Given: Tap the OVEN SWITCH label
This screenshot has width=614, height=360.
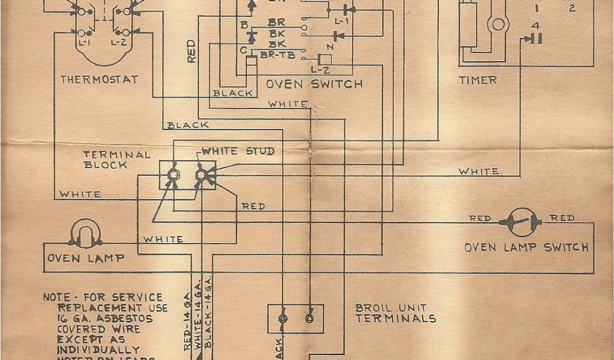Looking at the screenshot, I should (314, 84).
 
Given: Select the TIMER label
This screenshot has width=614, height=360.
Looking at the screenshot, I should (478, 79).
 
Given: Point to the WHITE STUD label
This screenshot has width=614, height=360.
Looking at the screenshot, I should (238, 151).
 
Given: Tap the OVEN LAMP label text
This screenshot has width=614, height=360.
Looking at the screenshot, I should (87, 258).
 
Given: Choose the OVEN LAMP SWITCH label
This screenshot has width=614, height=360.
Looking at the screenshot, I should (526, 247).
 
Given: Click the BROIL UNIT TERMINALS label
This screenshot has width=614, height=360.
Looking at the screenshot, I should (396, 314).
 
